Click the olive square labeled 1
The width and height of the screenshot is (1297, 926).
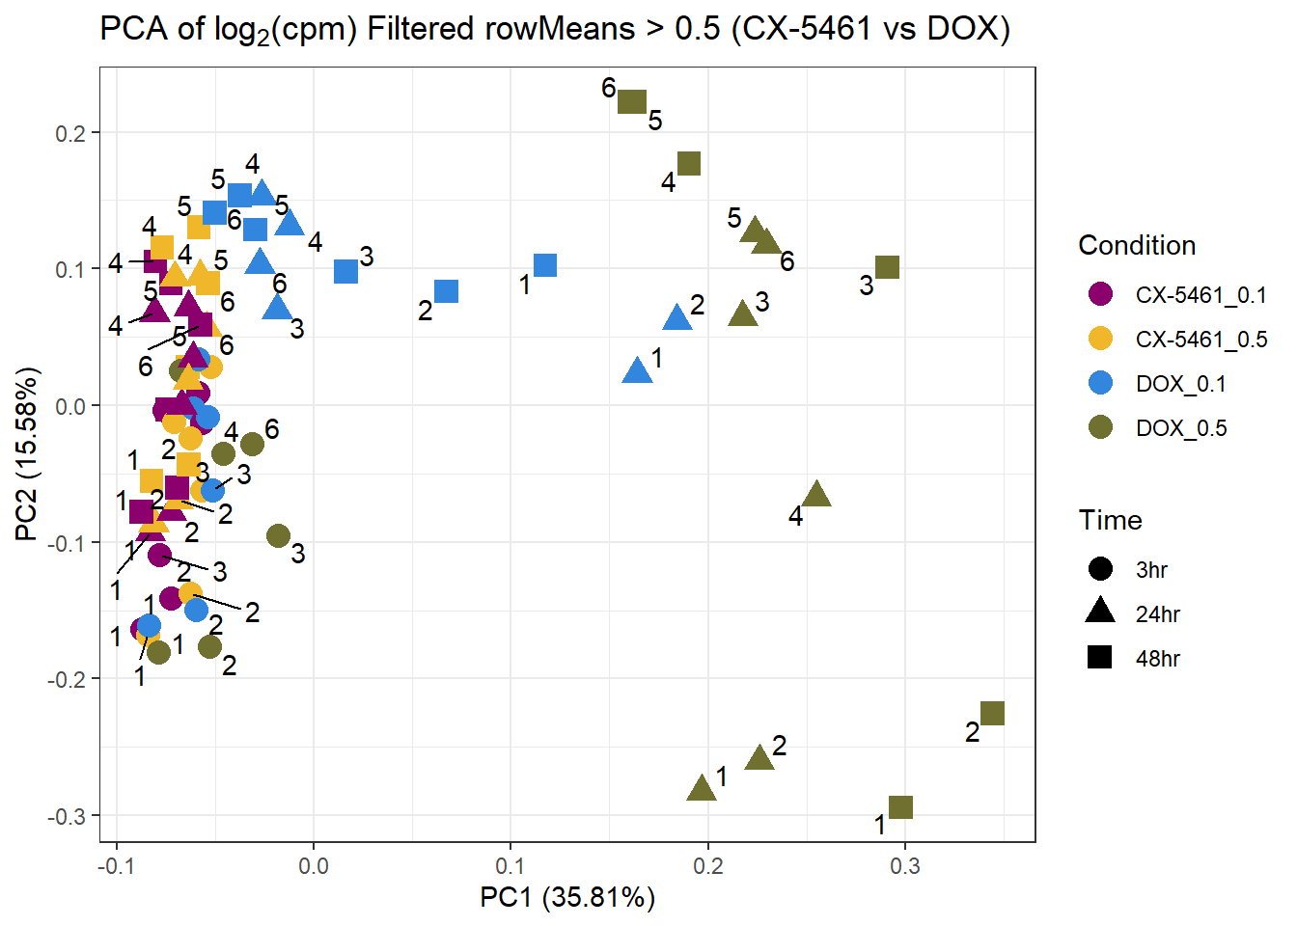(900, 807)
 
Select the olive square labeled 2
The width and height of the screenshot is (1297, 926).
(992, 713)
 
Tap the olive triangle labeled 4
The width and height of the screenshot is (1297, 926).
(817, 495)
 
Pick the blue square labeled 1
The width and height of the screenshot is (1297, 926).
(545, 265)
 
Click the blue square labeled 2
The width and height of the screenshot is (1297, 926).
(446, 291)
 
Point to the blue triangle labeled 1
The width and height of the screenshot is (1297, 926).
(637, 370)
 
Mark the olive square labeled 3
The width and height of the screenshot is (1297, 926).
(887, 267)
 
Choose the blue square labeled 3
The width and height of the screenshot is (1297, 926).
(345, 271)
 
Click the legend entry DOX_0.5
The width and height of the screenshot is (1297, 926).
(1180, 428)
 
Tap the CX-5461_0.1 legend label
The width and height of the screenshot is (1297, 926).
(1200, 295)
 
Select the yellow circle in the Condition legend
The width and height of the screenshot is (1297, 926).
(1100, 340)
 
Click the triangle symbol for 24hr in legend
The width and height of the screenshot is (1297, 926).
(1100, 612)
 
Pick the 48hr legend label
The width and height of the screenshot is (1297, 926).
(1158, 659)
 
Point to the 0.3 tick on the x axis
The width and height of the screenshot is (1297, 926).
(905, 866)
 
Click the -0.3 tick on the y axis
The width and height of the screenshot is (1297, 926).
(67, 816)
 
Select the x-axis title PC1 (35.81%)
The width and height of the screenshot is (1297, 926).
(567, 898)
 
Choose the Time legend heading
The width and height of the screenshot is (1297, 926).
(1110, 521)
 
